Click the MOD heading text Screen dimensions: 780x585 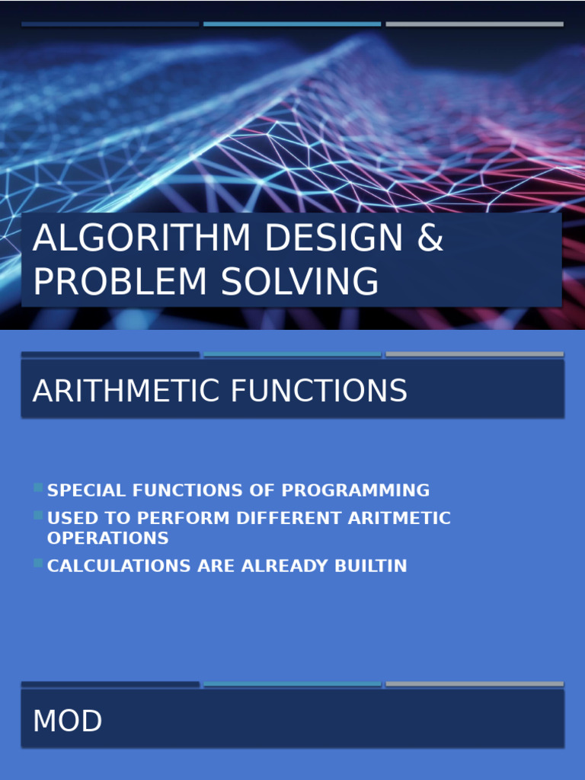[x=68, y=721]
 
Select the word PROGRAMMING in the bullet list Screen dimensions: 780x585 [x=358, y=491]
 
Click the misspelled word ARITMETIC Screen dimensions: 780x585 [x=399, y=519]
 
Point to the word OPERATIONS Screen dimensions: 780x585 [x=107, y=538]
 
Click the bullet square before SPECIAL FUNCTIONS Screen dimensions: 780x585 [x=38, y=487]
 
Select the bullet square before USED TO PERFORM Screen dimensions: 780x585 [x=38, y=516]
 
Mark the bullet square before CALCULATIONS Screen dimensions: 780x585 [x=38, y=564]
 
